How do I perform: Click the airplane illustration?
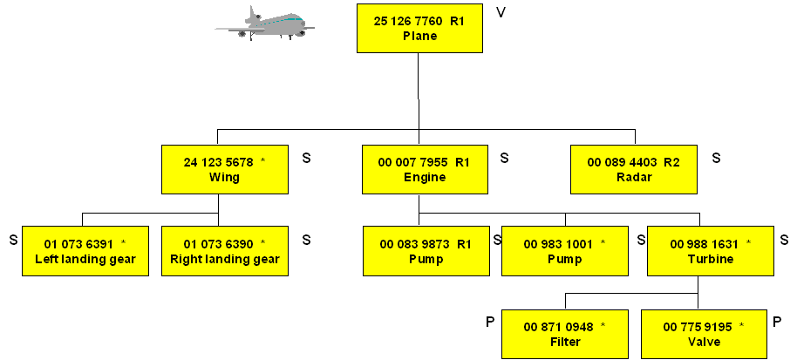click(x=264, y=24)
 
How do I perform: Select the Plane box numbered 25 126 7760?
click(x=419, y=28)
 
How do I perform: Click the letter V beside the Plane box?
click(x=501, y=13)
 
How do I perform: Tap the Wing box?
click(x=224, y=169)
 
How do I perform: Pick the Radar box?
click(x=633, y=169)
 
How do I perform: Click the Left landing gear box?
click(x=85, y=251)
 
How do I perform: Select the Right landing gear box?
click(x=224, y=251)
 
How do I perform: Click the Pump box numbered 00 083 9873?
click(x=426, y=251)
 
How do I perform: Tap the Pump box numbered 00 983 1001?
click(x=564, y=251)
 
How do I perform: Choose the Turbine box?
click(x=710, y=251)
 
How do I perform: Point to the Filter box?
click(x=564, y=334)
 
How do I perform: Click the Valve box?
click(x=704, y=334)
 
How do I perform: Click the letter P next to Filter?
click(x=490, y=323)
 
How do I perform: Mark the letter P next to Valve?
click(x=777, y=323)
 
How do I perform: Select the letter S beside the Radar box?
click(x=716, y=158)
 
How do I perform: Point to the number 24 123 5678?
click(x=218, y=162)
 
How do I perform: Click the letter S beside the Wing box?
click(x=306, y=158)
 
